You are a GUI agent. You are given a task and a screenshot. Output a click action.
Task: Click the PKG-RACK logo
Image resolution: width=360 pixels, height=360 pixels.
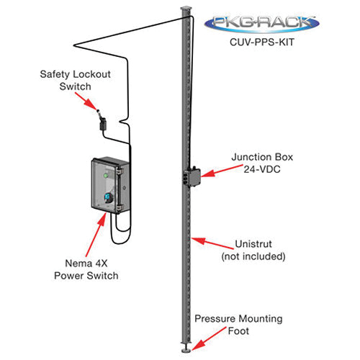tap(262, 24)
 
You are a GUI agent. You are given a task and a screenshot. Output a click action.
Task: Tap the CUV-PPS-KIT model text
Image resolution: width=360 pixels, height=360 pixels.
tap(262, 42)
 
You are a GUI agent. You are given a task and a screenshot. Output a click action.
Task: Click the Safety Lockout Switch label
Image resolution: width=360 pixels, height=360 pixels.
tap(75, 80)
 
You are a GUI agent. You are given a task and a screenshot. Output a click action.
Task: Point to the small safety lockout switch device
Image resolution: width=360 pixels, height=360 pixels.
tap(103, 122)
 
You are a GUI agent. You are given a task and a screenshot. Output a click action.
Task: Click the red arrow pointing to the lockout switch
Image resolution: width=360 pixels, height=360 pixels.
tap(86, 101)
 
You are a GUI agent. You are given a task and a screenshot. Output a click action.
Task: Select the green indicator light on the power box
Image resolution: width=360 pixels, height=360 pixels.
tap(105, 176)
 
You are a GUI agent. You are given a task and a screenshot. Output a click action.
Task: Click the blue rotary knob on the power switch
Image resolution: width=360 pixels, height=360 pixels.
tap(108, 197)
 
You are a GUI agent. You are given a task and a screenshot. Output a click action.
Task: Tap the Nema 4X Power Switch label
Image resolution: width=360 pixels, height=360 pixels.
tap(86, 269)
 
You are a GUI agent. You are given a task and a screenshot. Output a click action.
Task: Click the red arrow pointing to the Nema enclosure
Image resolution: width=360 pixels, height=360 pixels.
tap(96, 235)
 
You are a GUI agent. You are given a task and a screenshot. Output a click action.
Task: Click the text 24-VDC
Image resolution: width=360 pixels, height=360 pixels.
tap(262, 169)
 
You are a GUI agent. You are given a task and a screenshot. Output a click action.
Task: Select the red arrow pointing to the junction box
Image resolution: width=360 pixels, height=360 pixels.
tap(222, 171)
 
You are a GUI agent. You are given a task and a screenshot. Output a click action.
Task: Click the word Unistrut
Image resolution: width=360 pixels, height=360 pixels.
tap(253, 244)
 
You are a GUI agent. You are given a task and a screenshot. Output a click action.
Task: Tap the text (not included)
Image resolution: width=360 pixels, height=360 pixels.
tap(253, 256)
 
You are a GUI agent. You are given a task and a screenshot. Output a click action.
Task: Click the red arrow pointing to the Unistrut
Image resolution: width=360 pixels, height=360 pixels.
tap(212, 243)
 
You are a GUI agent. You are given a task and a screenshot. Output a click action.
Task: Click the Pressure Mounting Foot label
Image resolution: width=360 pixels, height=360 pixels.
tap(238, 325)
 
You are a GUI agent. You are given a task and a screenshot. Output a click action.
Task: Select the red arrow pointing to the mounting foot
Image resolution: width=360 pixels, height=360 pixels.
tap(209, 338)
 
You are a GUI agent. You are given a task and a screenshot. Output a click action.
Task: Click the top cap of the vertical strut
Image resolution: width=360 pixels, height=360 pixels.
tap(186, 9)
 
